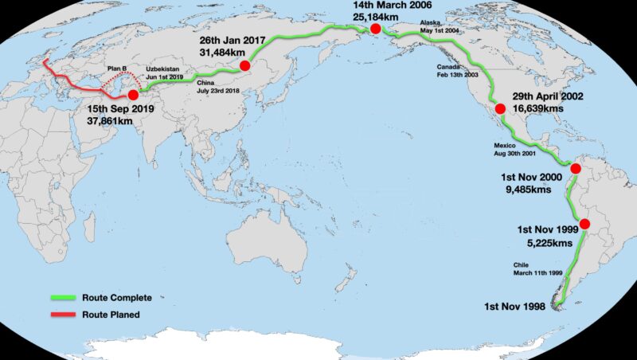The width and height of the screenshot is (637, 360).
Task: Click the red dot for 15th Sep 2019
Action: point(133,95)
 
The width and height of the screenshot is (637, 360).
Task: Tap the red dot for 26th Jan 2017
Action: point(244,65)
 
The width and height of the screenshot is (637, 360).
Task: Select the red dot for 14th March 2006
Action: point(375,29)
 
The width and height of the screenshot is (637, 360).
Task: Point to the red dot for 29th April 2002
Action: point(500,109)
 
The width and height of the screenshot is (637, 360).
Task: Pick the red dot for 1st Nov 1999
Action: point(585,225)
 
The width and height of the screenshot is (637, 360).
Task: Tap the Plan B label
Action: point(116,68)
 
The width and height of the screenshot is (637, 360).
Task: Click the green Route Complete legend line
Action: point(61,298)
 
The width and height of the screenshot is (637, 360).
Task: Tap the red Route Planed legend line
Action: point(61,314)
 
